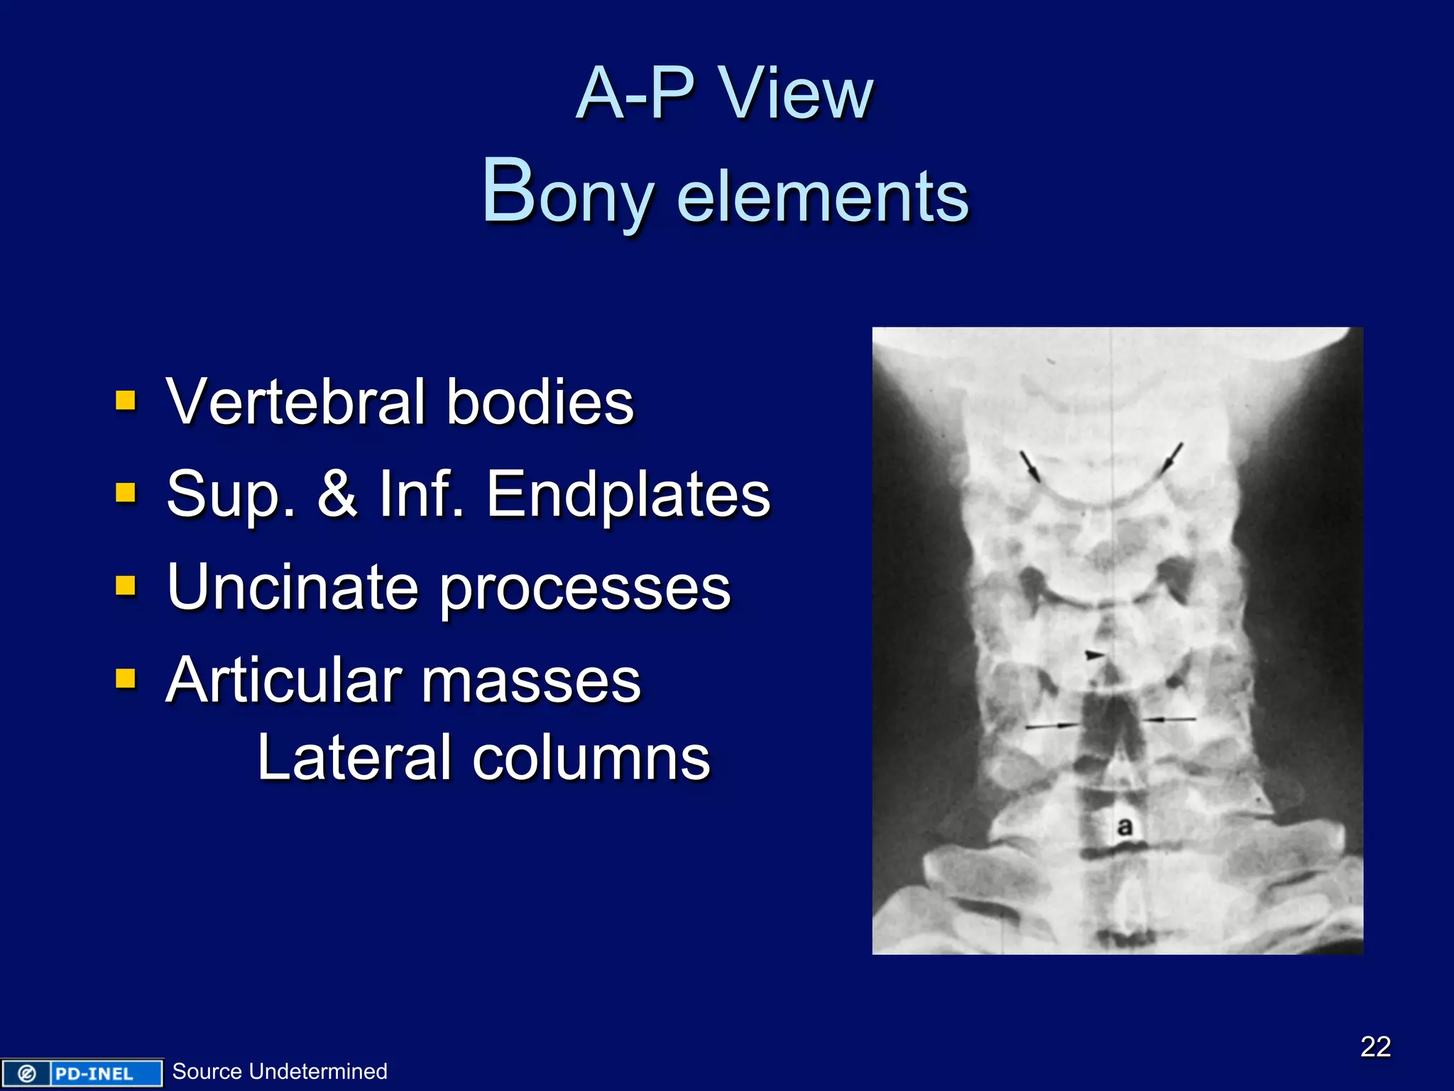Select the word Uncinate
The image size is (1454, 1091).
293,587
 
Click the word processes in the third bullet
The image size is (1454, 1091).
585,590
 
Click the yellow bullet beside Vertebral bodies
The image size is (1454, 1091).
126,401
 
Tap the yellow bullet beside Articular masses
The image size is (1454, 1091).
126,679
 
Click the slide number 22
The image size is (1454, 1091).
1375,1046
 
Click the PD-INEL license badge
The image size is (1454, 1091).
81,1073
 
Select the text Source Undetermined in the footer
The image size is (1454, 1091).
280,1071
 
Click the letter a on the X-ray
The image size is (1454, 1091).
1125,826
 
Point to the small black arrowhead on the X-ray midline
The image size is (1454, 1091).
1095,654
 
